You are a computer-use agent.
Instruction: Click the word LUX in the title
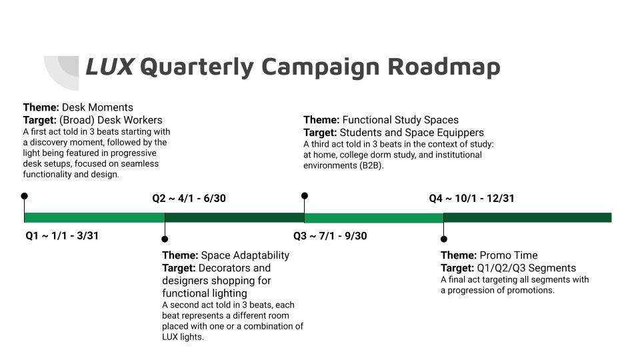pyautogui.click(x=110, y=67)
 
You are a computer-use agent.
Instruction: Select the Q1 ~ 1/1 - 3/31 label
pyautogui.click(x=62, y=235)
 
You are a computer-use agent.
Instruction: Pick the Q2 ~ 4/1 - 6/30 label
pyautogui.click(x=189, y=199)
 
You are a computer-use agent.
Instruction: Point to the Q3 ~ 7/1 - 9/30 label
pyautogui.click(x=330, y=235)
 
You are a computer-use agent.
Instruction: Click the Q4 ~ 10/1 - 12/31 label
pyautogui.click(x=471, y=199)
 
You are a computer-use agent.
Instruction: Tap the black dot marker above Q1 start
pyautogui.click(x=25, y=196)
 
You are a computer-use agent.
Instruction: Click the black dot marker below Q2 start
pyautogui.click(x=165, y=239)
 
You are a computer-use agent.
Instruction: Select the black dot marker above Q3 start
pyautogui.click(x=305, y=196)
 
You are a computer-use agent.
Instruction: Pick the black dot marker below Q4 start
pyautogui.click(x=444, y=239)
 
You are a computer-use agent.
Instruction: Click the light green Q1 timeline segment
pyautogui.click(x=94, y=217)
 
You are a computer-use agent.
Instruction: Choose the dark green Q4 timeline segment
pyautogui.click(x=528, y=217)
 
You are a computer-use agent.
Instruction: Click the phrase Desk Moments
pyautogui.click(x=97, y=107)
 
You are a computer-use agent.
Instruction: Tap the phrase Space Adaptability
pyautogui.click(x=245, y=255)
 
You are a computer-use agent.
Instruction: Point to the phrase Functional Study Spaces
pyautogui.click(x=401, y=120)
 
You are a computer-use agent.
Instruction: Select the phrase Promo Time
pyautogui.click(x=509, y=255)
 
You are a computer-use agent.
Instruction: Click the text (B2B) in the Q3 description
pyautogui.click(x=372, y=166)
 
